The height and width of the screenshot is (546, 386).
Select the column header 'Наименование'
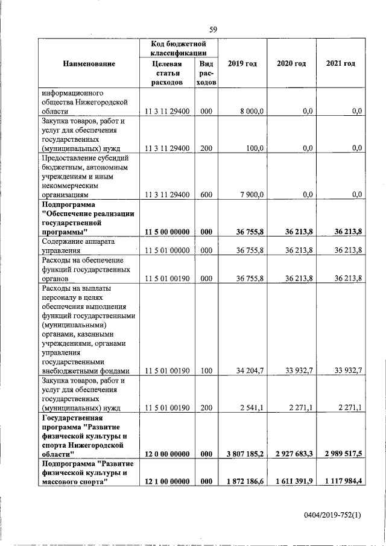[x=87, y=64]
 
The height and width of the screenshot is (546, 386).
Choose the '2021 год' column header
[x=340, y=64]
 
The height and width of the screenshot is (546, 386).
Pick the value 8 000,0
[x=252, y=112]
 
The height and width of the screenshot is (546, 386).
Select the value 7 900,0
[x=252, y=195]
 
